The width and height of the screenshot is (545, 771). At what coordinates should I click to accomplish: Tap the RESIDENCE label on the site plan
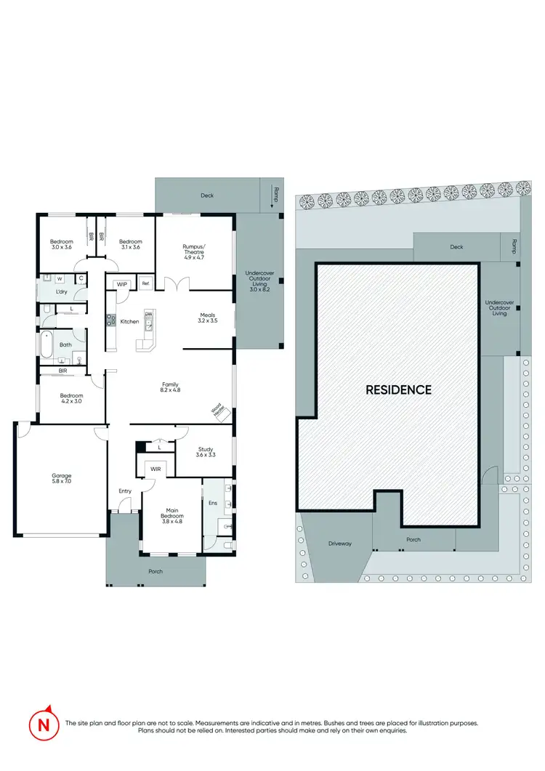coord(398,389)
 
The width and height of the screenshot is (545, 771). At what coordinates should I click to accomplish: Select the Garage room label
coord(62,479)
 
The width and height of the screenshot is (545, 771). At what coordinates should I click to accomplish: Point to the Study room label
coord(205,453)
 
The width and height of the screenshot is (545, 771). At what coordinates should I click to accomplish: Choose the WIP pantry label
coord(121,283)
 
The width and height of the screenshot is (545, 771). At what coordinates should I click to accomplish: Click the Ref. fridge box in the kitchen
coord(145,283)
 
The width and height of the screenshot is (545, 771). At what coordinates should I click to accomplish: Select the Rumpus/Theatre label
coord(194,251)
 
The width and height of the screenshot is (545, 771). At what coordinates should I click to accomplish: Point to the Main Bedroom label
coord(172,519)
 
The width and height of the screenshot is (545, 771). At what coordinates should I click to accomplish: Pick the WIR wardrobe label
coord(156,470)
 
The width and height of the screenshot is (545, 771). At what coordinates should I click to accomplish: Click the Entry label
coord(125,491)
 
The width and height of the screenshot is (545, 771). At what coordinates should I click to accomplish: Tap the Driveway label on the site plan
coord(339,543)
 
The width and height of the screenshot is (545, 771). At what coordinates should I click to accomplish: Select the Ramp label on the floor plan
coord(275,193)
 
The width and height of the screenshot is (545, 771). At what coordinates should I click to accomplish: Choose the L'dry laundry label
coord(62,292)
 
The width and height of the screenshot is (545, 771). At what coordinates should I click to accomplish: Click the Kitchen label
coord(129,321)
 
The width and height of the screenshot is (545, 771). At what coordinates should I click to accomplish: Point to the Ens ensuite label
coord(213,503)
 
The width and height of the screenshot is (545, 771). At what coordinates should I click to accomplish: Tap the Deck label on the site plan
coord(456,247)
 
